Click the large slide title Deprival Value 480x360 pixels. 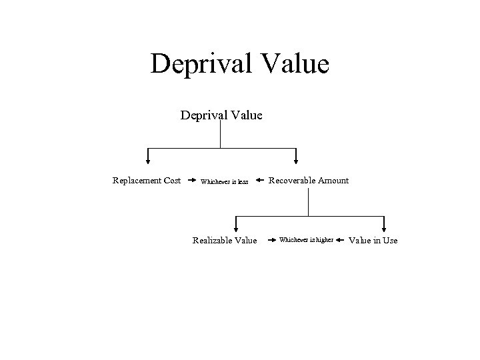pyautogui.click(x=240, y=65)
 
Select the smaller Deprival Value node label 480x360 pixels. pyautogui.click(x=221, y=115)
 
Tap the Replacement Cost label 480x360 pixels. pyautogui.click(x=146, y=181)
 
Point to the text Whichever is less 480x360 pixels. pyautogui.click(x=224, y=181)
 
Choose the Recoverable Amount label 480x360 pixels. pyautogui.click(x=308, y=181)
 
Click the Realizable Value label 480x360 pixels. pyautogui.click(x=224, y=241)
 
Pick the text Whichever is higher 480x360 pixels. pyautogui.click(x=306, y=240)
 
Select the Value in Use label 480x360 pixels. pyautogui.click(x=373, y=241)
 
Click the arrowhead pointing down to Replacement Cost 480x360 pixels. pyautogui.click(x=148, y=159)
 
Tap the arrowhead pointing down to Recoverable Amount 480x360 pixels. pyautogui.click(x=296, y=159)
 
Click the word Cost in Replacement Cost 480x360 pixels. pyautogui.click(x=170, y=181)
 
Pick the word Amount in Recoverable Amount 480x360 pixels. pyautogui.click(x=333, y=181)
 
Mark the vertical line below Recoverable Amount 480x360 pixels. pyautogui.click(x=309, y=201)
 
